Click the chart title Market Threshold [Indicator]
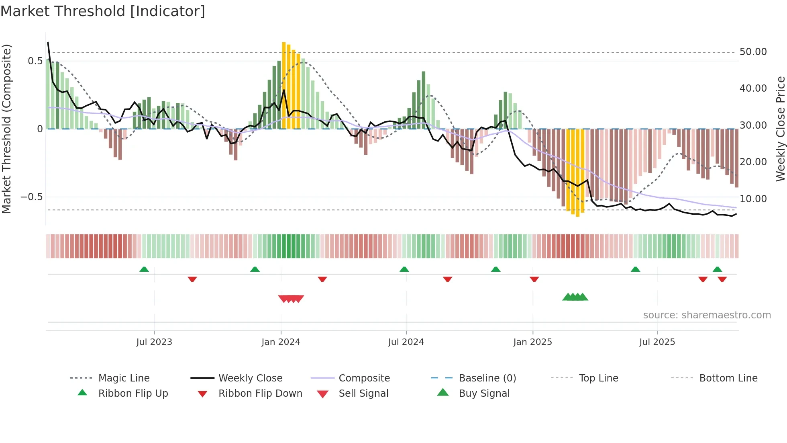pos(103,11)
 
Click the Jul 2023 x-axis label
pos(154,342)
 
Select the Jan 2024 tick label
pos(281,342)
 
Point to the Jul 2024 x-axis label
pos(406,342)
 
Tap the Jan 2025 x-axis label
pos(532,342)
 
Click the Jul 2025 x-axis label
pos(657,342)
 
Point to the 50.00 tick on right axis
pos(753,52)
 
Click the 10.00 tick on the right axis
pos(753,199)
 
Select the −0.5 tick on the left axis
pos(32,197)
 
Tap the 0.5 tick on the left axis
pos(35,61)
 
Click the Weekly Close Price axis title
pos(780,129)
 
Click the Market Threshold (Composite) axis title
pos(6,129)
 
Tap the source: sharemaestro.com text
pos(707,315)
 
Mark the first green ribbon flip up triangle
pos(144,269)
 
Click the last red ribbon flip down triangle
pos(722,279)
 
